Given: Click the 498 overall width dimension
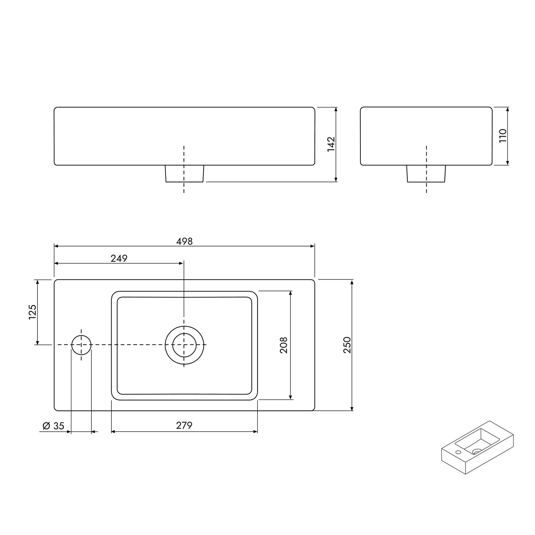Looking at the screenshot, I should click(184, 241).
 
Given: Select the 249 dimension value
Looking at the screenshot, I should click(119, 258).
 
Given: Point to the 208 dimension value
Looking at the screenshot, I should click(284, 345).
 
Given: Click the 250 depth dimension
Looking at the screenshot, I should click(347, 345).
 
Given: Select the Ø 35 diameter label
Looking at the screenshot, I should click(53, 426).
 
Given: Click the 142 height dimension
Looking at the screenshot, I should click(331, 144).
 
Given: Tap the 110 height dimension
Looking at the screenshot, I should click(503, 136).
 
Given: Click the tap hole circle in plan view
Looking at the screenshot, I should click(81, 345).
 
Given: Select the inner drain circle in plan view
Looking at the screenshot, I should click(184, 345).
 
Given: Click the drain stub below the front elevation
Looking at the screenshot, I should click(184, 174).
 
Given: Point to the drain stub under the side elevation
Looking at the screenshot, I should click(426, 174).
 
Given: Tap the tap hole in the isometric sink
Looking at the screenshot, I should click(458, 452).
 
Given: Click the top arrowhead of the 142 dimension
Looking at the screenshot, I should click(336, 109).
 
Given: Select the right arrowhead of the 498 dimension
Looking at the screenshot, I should click(313, 246).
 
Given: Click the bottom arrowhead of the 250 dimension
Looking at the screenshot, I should click(352, 409).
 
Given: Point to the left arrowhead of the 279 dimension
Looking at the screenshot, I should click(113, 431).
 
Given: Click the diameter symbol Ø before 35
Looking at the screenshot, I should click(46, 426).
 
